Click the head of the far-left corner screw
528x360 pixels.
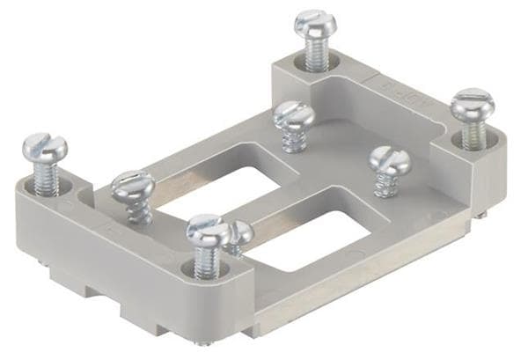tap(43, 146)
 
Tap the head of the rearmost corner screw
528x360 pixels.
tap(316, 24)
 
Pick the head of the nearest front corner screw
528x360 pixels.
tap(209, 231)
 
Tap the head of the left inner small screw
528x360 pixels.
tap(134, 186)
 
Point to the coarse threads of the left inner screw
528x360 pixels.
tap(139, 211)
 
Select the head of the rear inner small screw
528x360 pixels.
tap(294, 114)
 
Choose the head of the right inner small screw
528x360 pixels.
tap(389, 159)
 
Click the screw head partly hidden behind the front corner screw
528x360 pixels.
tap(239, 233)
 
